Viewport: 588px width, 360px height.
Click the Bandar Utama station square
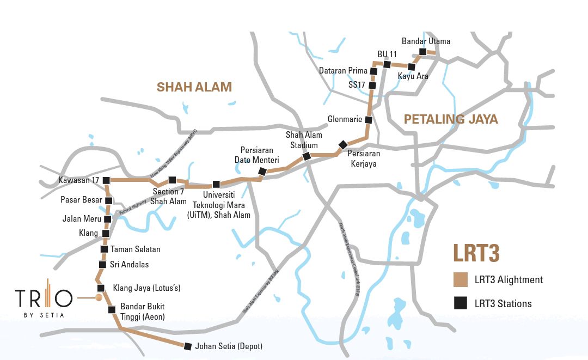tap(422, 52)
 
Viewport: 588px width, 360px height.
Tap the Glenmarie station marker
tap(368, 120)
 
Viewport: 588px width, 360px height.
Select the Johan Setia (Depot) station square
tap(188, 346)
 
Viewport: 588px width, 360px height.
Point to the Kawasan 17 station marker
tap(107, 180)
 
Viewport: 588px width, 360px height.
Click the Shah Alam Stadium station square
tap(307, 156)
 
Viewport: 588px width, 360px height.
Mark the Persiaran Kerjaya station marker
tap(342, 144)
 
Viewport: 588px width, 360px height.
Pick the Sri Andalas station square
tap(102, 265)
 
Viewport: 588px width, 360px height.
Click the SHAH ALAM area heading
tap(194, 87)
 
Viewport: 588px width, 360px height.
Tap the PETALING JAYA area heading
tap(451, 119)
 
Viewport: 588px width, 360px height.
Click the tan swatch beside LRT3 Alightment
tap(461, 280)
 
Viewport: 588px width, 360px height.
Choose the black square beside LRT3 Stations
tap(461, 304)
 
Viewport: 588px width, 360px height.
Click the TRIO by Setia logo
tap(44, 299)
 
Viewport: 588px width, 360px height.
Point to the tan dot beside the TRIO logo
tap(99, 298)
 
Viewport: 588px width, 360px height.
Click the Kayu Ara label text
tap(413, 76)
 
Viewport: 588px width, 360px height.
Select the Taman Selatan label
tap(136, 249)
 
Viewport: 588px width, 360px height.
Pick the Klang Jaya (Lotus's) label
tap(146, 288)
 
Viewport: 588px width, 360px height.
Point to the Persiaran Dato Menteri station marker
tap(262, 172)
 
